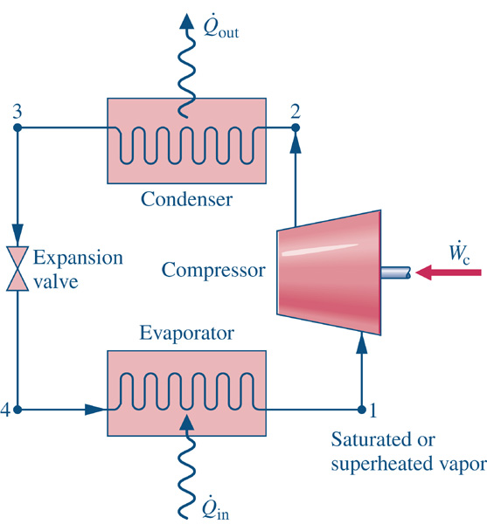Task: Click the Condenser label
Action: click(x=186, y=199)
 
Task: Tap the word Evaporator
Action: click(x=186, y=334)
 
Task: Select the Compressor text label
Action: click(x=213, y=271)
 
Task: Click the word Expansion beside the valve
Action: click(x=79, y=258)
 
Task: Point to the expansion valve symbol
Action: click(x=17, y=269)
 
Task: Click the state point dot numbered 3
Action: click(x=17, y=128)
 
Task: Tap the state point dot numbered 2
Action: click(x=295, y=128)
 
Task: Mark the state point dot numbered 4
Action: click(x=17, y=409)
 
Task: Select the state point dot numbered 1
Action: click(x=362, y=409)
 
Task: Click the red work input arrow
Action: click(x=449, y=272)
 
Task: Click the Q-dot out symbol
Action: click(x=220, y=28)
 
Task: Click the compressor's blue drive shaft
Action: click(x=396, y=272)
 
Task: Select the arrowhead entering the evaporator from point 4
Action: click(x=95, y=409)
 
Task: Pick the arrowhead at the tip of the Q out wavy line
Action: click(x=186, y=22)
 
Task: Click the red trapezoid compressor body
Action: click(x=329, y=272)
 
